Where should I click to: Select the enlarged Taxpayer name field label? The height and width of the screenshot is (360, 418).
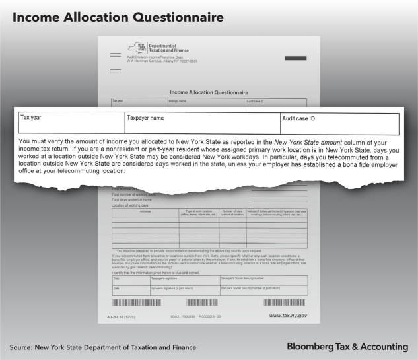click(x=145, y=118)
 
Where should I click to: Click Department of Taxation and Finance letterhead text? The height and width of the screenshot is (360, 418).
click(x=169, y=48)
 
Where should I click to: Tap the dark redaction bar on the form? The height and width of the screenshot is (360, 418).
click(x=295, y=59)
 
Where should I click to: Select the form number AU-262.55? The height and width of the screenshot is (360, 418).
click(x=121, y=317)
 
